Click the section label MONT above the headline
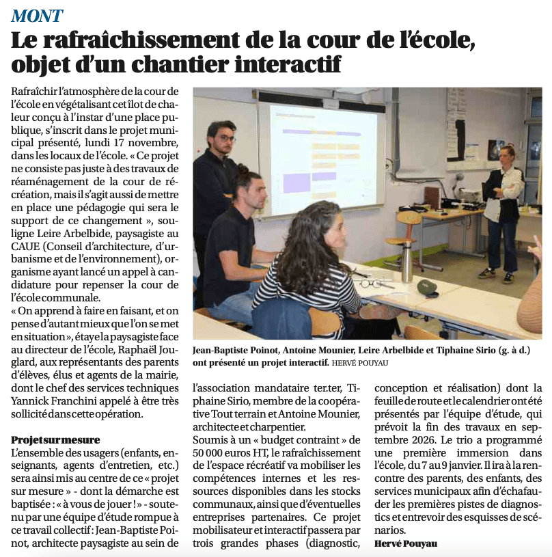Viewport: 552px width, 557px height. click(x=37, y=15)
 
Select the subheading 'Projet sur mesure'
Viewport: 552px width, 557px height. click(x=55, y=439)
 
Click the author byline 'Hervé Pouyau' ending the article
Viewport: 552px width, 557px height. click(x=406, y=543)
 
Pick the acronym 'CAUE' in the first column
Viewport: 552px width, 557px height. click(x=27, y=246)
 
